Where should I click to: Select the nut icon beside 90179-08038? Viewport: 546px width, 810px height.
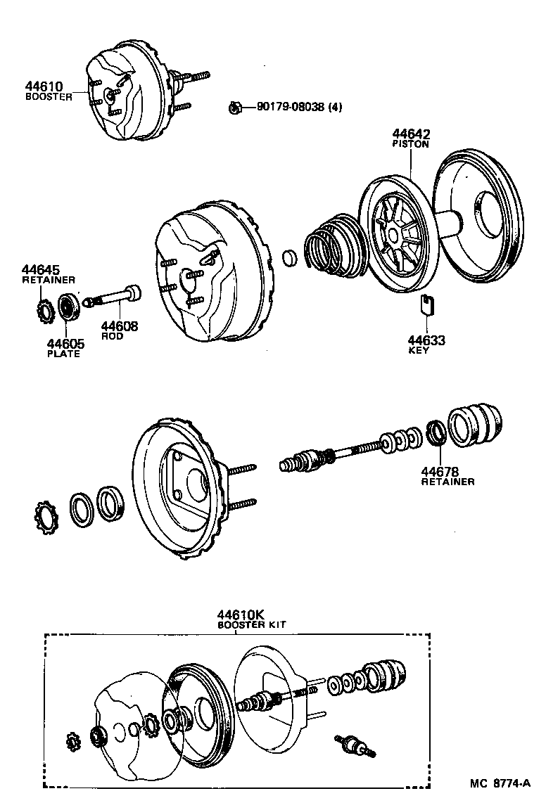coord(236,108)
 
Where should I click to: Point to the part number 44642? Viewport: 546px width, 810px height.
coord(411,134)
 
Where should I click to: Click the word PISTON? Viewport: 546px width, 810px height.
coord(411,144)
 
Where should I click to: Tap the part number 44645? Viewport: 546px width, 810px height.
coord(41,270)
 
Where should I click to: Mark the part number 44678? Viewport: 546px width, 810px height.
coord(440,471)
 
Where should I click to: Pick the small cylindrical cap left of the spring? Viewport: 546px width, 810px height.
coord(289,258)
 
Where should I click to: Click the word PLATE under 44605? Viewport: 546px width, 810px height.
coord(63,353)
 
